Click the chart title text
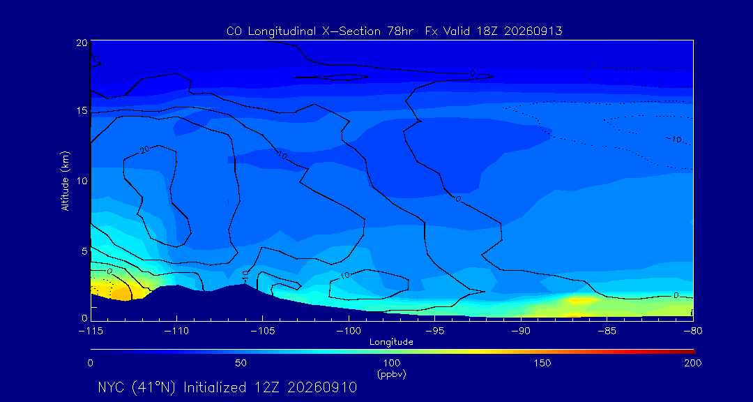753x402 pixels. [x=394, y=31]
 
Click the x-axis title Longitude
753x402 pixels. [x=391, y=342]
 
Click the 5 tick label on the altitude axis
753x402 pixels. [x=84, y=251]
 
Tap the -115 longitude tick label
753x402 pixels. [x=91, y=332]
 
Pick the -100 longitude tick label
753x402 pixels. [x=349, y=332]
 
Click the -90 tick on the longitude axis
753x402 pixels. [x=521, y=332]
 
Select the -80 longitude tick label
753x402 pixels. [x=693, y=332]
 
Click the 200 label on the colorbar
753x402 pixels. [x=693, y=363]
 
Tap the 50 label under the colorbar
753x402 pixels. [x=241, y=363]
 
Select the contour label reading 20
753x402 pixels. [x=145, y=151]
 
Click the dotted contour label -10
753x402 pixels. [x=674, y=140]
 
